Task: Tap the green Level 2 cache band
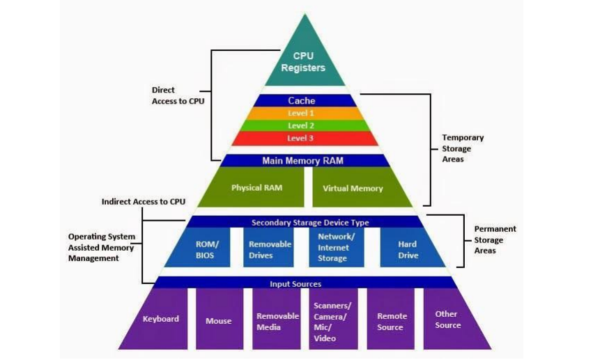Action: point(301,125)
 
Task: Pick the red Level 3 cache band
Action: point(301,139)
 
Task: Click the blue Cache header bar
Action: point(302,101)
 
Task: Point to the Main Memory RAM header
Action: point(302,161)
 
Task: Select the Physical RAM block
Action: point(255,187)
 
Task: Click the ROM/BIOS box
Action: point(206,249)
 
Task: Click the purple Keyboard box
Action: point(160,320)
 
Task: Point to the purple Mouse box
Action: point(219,321)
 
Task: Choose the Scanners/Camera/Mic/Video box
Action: point(332,322)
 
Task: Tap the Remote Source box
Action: point(390,321)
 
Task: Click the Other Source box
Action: point(447,320)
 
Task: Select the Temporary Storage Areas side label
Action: point(462,148)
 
